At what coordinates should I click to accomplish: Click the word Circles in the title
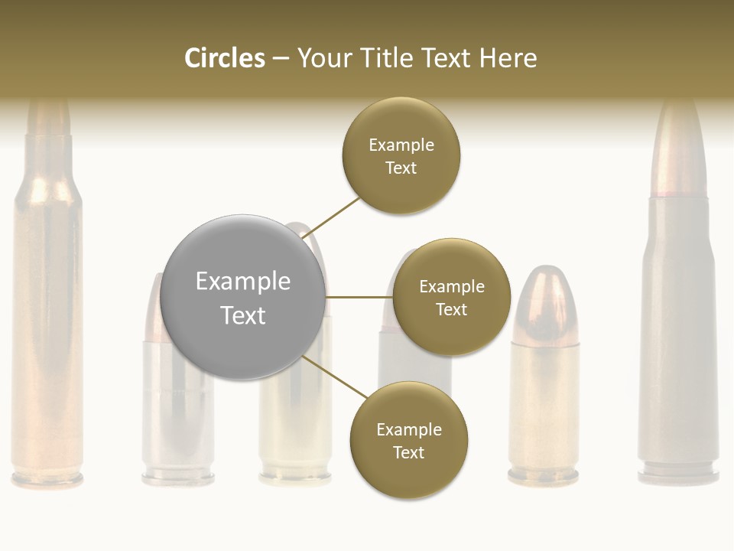[224, 58]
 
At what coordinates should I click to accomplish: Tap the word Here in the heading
[508, 58]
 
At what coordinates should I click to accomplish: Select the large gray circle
[243, 297]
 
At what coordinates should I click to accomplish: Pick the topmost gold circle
[401, 155]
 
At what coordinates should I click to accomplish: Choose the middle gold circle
[451, 297]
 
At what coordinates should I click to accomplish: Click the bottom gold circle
[408, 440]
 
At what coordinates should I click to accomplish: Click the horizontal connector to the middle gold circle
[359, 297]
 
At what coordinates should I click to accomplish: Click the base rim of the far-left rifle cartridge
[47, 480]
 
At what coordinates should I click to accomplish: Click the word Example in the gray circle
[243, 281]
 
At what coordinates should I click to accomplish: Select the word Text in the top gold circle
[401, 168]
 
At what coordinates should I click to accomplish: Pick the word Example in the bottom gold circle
[408, 429]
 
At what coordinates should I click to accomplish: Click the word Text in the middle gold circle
[451, 309]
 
